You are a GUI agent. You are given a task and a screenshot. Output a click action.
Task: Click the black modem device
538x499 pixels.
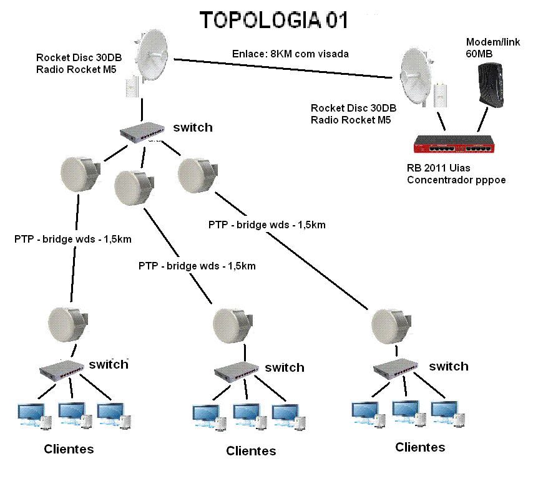489,87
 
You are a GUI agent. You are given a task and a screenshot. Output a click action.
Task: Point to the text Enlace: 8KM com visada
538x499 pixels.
290,54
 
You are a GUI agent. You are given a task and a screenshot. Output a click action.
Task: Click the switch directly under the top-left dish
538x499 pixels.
144,130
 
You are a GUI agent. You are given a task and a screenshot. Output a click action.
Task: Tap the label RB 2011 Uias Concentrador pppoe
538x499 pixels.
456,175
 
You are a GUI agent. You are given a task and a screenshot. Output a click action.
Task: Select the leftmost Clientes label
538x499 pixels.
69,449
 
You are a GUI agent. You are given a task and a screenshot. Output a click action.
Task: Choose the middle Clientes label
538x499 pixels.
251,451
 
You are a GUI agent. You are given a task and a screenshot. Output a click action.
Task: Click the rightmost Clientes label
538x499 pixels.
420,447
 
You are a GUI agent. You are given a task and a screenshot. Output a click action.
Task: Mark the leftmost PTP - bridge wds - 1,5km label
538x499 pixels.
73,239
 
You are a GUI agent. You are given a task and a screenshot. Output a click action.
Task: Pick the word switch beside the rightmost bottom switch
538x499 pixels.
448,366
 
